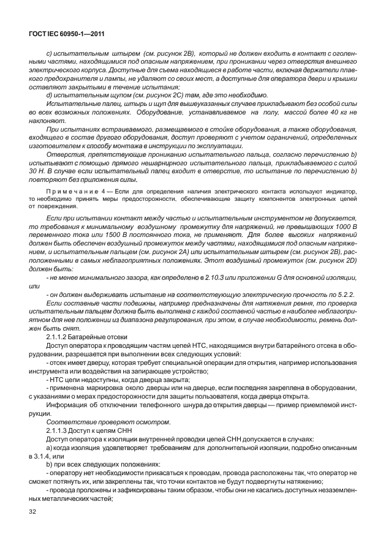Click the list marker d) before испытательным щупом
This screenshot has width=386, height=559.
coord(50,95)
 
